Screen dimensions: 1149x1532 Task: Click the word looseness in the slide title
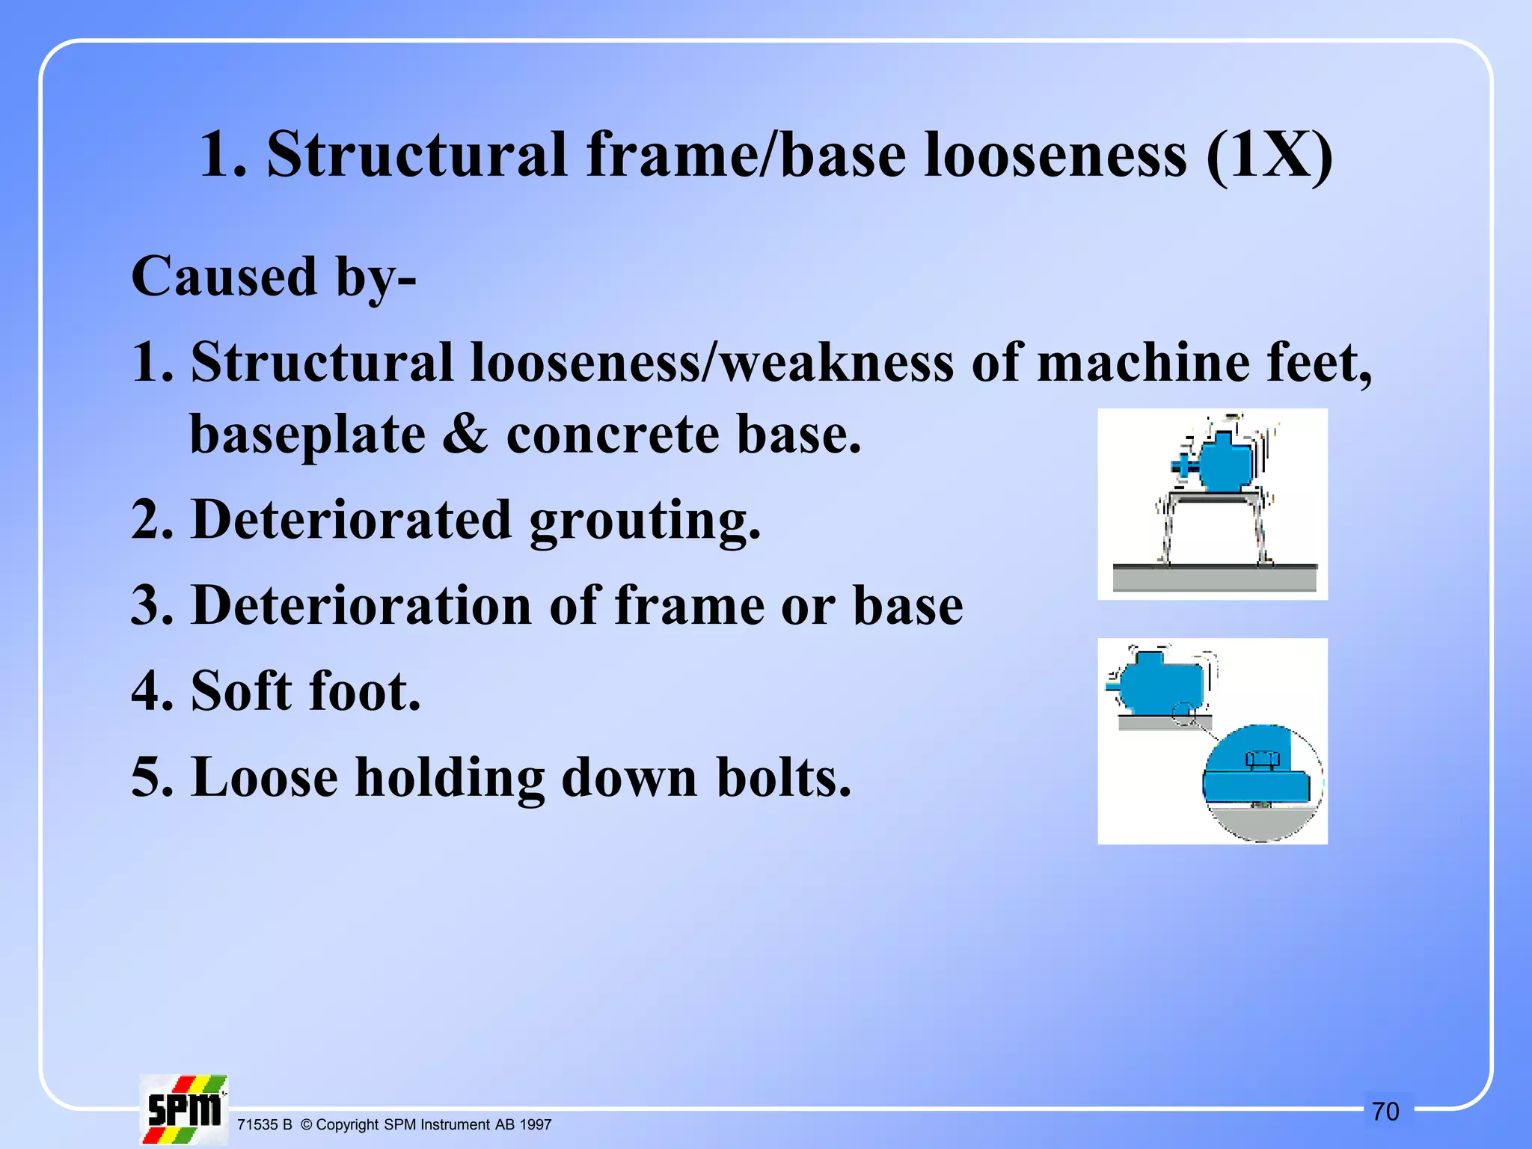[x=1055, y=155]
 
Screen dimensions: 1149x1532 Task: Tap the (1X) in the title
[x=1269, y=155]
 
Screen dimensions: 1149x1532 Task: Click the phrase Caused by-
[x=274, y=277]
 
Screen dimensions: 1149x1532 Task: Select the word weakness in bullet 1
[x=836, y=363]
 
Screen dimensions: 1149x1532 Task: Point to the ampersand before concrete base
[x=465, y=435]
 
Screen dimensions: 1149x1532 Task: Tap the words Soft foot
[x=306, y=690]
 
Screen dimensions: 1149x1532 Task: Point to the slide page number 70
[x=1385, y=1112]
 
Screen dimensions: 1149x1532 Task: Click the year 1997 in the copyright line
[x=536, y=1125]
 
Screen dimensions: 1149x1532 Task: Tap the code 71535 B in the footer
[x=264, y=1125]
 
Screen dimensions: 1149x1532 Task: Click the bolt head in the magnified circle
[x=1263, y=759]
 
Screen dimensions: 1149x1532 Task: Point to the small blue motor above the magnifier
[x=1161, y=681]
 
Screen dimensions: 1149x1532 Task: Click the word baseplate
[x=307, y=435]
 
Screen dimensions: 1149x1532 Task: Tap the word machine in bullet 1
[x=1142, y=363]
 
